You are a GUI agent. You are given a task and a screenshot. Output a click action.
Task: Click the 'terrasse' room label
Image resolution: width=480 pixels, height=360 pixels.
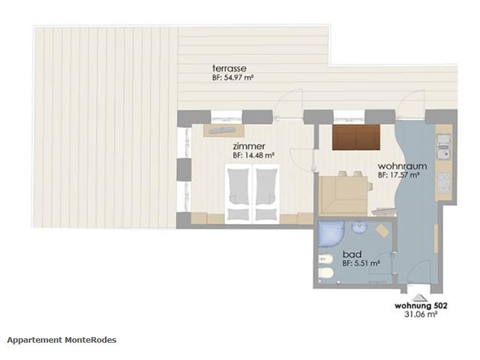click(x=229, y=68)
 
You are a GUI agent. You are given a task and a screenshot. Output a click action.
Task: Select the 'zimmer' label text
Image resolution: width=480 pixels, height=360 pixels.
click(x=249, y=146)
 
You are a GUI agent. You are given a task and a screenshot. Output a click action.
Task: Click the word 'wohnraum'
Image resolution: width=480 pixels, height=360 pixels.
click(x=402, y=166)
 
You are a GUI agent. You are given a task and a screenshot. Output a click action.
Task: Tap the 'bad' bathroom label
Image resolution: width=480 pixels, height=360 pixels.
click(x=352, y=254)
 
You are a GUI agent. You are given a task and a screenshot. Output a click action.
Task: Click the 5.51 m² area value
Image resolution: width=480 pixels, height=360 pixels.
click(x=367, y=263)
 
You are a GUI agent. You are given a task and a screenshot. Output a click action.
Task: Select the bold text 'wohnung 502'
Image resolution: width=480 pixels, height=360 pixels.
click(x=421, y=305)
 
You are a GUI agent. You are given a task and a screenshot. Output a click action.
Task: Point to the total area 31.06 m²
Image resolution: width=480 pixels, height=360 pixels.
click(x=421, y=314)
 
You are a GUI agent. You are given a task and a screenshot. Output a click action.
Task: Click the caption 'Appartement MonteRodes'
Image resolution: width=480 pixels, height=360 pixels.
click(x=62, y=340)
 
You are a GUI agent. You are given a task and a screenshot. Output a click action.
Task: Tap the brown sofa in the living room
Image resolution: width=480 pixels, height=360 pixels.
click(x=356, y=137)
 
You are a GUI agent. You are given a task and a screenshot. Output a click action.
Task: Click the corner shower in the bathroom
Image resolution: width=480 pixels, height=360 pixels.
click(x=331, y=233)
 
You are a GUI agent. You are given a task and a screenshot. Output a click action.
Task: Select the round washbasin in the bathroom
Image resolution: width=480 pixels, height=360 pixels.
click(x=359, y=228)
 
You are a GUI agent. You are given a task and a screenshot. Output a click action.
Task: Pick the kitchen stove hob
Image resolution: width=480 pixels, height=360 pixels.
click(x=443, y=183)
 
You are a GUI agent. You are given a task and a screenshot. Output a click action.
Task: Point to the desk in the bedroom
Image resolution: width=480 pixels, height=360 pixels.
click(x=224, y=130)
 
